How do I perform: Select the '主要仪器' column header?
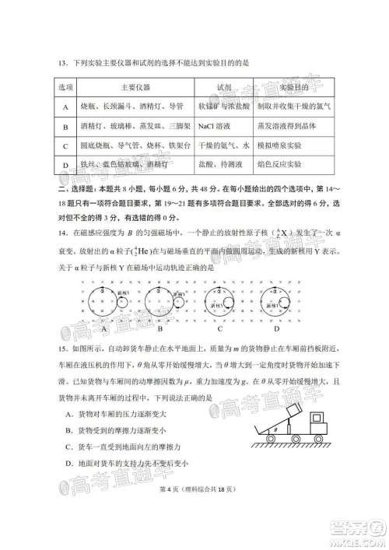pos(135,87)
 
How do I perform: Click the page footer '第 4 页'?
pos(170,510)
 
